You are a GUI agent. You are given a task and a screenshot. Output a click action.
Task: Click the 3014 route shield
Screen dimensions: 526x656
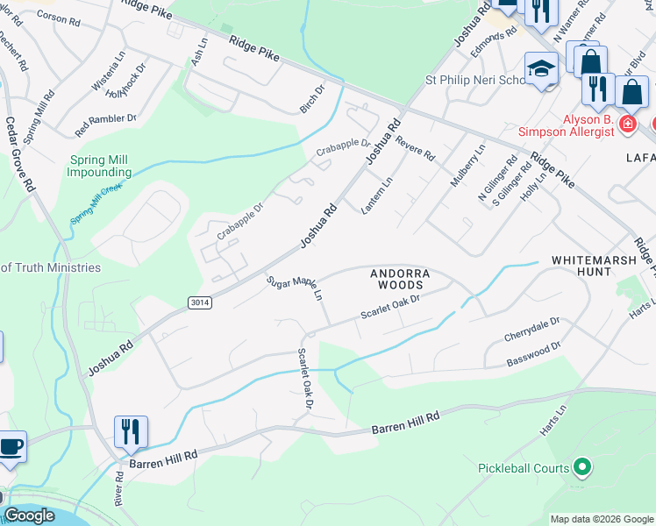click(199, 302)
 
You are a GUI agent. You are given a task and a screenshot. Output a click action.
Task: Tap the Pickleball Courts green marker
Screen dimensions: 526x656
click(581, 467)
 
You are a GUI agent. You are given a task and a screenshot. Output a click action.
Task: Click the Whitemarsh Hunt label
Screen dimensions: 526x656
click(594, 267)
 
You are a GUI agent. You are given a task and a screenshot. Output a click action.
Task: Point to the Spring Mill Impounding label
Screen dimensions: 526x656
click(99, 166)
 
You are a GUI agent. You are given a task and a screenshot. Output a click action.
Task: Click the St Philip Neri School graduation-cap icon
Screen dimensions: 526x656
click(542, 70)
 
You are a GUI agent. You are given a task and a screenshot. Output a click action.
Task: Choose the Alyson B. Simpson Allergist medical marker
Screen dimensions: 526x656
click(627, 124)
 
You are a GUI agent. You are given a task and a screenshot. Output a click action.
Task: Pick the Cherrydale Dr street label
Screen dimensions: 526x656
click(531, 331)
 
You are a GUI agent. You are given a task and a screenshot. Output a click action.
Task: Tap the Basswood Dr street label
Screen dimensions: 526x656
click(533, 355)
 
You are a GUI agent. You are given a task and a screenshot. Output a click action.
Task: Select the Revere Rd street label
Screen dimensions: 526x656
click(415, 146)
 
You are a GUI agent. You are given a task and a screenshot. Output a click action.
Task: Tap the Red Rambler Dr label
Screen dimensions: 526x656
click(106, 124)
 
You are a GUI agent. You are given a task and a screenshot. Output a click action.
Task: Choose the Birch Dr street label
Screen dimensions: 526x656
click(312, 98)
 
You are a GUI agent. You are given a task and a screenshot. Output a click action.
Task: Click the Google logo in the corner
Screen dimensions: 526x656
click(29, 515)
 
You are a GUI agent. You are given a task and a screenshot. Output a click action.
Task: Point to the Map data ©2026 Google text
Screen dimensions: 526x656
click(601, 519)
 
